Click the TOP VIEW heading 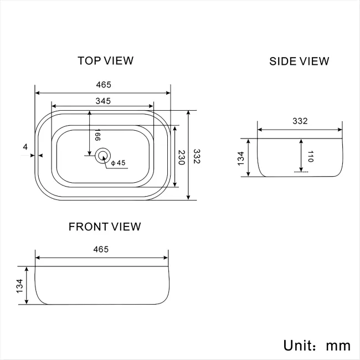click(106, 60)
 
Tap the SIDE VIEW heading click(299, 61)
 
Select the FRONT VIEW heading click(105, 227)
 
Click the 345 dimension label click(103, 101)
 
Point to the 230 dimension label click(182, 157)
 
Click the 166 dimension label click(97, 135)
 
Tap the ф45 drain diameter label click(118, 163)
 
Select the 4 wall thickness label click(25, 147)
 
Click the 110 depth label click(310, 157)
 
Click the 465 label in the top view click(104, 85)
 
